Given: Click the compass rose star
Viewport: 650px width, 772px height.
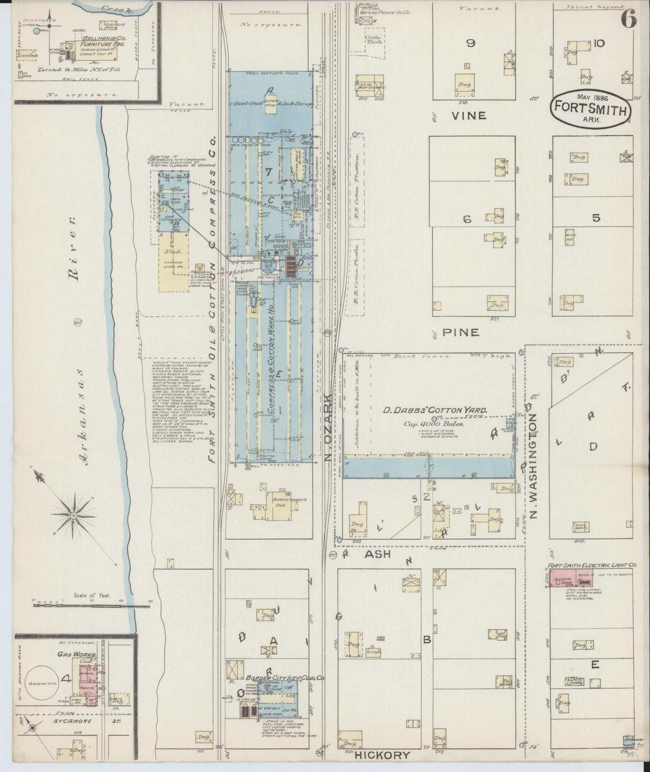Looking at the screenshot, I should [73, 514].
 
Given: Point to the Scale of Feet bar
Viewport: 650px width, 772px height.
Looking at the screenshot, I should [92, 606].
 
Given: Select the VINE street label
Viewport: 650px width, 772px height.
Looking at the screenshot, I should [469, 116].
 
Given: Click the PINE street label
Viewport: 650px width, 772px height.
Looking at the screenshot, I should [461, 332].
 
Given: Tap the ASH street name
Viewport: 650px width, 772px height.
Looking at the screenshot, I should [377, 555].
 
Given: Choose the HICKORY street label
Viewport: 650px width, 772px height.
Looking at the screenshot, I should [382, 756].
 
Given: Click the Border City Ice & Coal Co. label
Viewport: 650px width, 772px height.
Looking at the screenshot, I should [280, 677].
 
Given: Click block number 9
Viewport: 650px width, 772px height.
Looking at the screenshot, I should [471, 43].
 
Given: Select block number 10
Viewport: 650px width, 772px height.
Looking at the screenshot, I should [599, 43].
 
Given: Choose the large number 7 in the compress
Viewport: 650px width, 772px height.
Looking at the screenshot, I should [269, 171].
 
